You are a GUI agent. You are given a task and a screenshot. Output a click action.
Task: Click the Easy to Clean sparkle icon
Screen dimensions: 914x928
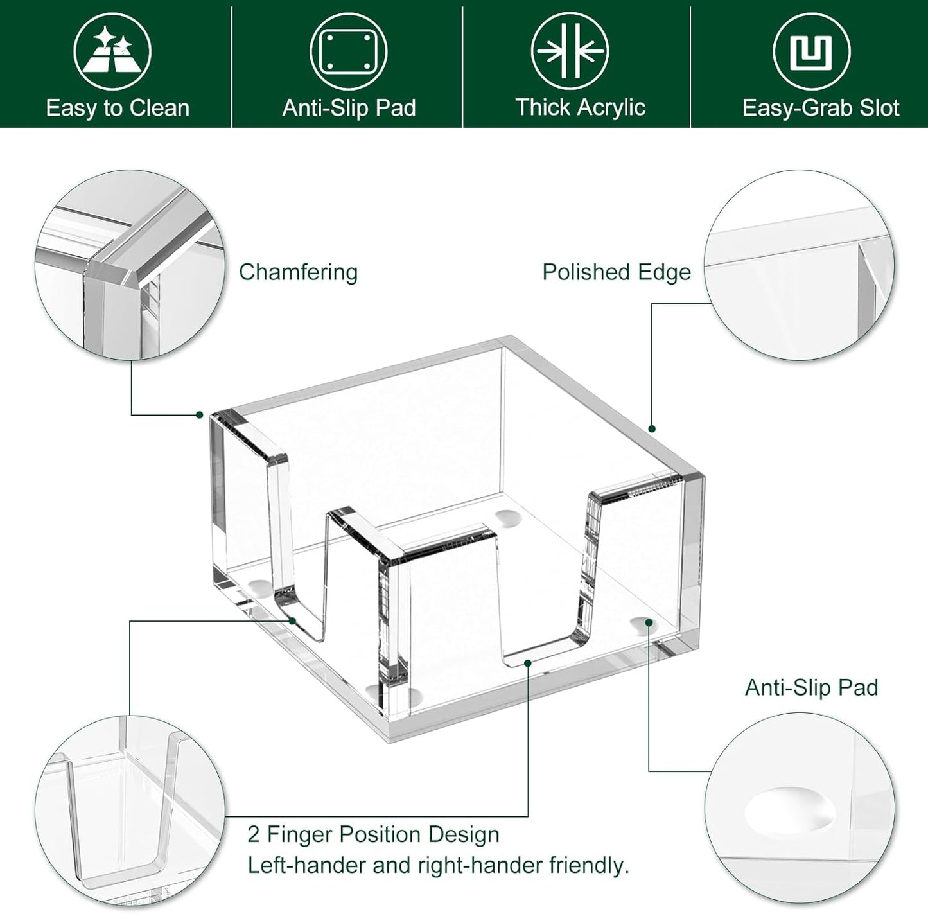point(112,52)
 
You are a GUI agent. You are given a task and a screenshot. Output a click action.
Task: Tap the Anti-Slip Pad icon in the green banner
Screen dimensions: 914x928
point(348,52)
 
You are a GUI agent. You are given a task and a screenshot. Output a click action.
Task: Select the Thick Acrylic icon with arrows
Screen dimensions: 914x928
point(570,52)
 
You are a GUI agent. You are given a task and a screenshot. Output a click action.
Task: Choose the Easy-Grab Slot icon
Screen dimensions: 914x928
point(811,52)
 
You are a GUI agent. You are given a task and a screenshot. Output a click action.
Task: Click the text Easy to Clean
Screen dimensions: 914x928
point(118,108)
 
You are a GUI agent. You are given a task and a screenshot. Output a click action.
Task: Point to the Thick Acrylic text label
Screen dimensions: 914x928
point(580,107)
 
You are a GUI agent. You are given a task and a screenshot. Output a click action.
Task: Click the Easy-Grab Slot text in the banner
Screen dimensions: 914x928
point(820,108)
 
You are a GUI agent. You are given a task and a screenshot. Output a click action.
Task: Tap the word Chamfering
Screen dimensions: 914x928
point(298,272)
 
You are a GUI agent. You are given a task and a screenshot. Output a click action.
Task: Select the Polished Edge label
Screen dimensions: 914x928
point(617,272)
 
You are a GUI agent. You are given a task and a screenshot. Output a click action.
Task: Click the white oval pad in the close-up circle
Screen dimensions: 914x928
point(790,811)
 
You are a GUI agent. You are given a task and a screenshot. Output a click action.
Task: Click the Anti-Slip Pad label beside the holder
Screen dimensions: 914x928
point(811,687)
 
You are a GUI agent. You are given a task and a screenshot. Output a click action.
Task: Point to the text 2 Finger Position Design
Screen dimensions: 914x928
point(373,834)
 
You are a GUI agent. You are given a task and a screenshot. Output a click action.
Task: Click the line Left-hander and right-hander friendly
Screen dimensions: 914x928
point(438,865)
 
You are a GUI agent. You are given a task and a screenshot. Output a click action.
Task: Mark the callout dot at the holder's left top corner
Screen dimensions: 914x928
point(200,415)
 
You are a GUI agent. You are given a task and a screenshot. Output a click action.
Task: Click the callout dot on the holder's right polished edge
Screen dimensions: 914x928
point(652,428)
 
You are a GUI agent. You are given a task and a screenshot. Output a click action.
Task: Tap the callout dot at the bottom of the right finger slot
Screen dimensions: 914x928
point(528,662)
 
